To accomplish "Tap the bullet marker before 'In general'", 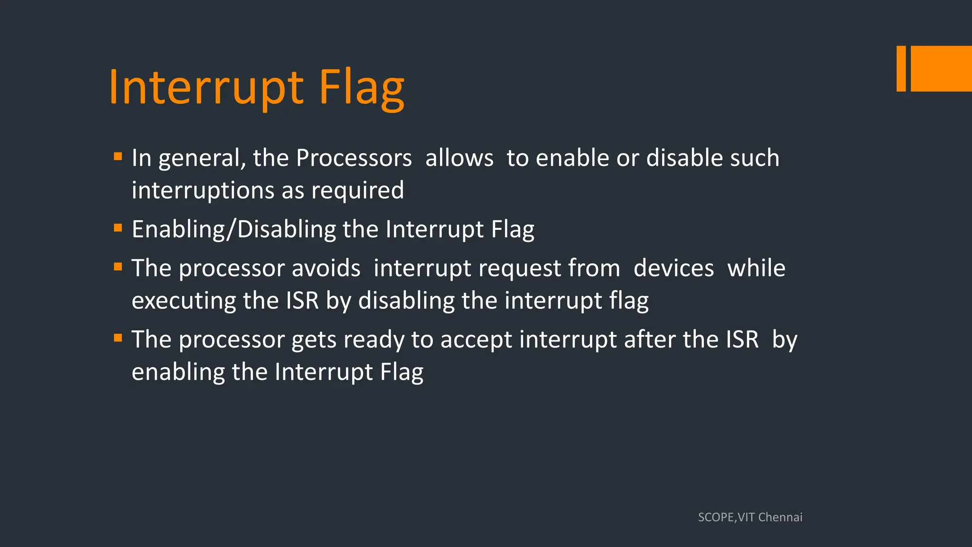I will click(x=118, y=156).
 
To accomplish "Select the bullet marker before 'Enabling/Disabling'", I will click(x=118, y=228).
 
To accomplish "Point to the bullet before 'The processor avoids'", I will click(x=118, y=267).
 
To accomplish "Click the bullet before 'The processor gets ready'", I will click(x=118, y=338).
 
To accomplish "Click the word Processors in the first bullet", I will click(x=354, y=158).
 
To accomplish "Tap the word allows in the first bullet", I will click(x=459, y=158).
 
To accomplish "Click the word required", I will click(x=357, y=190).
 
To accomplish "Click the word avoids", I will click(x=326, y=268).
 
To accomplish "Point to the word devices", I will click(x=673, y=268).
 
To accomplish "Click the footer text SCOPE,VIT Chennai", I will click(x=750, y=517).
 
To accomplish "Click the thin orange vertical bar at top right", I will click(x=901, y=68).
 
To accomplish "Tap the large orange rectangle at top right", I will click(x=941, y=68).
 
